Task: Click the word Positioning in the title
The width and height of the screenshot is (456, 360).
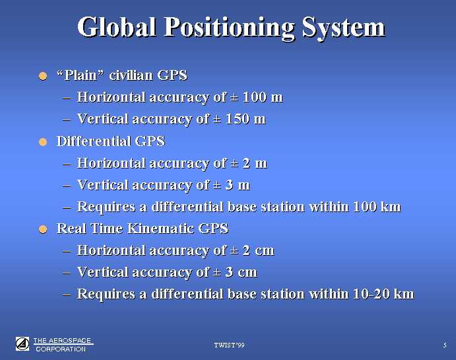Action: coord(230,28)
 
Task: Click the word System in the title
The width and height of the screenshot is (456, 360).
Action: coord(344,28)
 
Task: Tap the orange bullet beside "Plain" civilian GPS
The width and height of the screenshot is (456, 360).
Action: coord(43,76)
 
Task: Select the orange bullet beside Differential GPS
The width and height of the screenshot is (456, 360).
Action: coord(43,142)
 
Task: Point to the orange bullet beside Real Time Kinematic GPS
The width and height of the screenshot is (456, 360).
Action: coord(43,229)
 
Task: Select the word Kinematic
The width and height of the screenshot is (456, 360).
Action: coord(161,229)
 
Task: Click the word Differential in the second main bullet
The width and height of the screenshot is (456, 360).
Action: coord(94,141)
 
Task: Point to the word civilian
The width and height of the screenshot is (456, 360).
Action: coord(131,75)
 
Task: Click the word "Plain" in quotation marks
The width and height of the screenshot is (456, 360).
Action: coord(81,75)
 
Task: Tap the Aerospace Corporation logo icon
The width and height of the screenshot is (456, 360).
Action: coord(22,343)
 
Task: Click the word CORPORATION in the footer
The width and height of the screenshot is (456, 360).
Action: coord(61,349)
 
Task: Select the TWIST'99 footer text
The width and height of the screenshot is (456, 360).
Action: coord(229,345)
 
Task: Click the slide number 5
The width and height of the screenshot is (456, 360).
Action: coord(445,345)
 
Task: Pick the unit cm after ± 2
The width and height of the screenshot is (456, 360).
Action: coord(265,250)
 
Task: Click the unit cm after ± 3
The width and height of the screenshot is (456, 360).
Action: coord(247,272)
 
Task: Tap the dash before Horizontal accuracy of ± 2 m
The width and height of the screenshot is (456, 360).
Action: coord(67,164)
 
